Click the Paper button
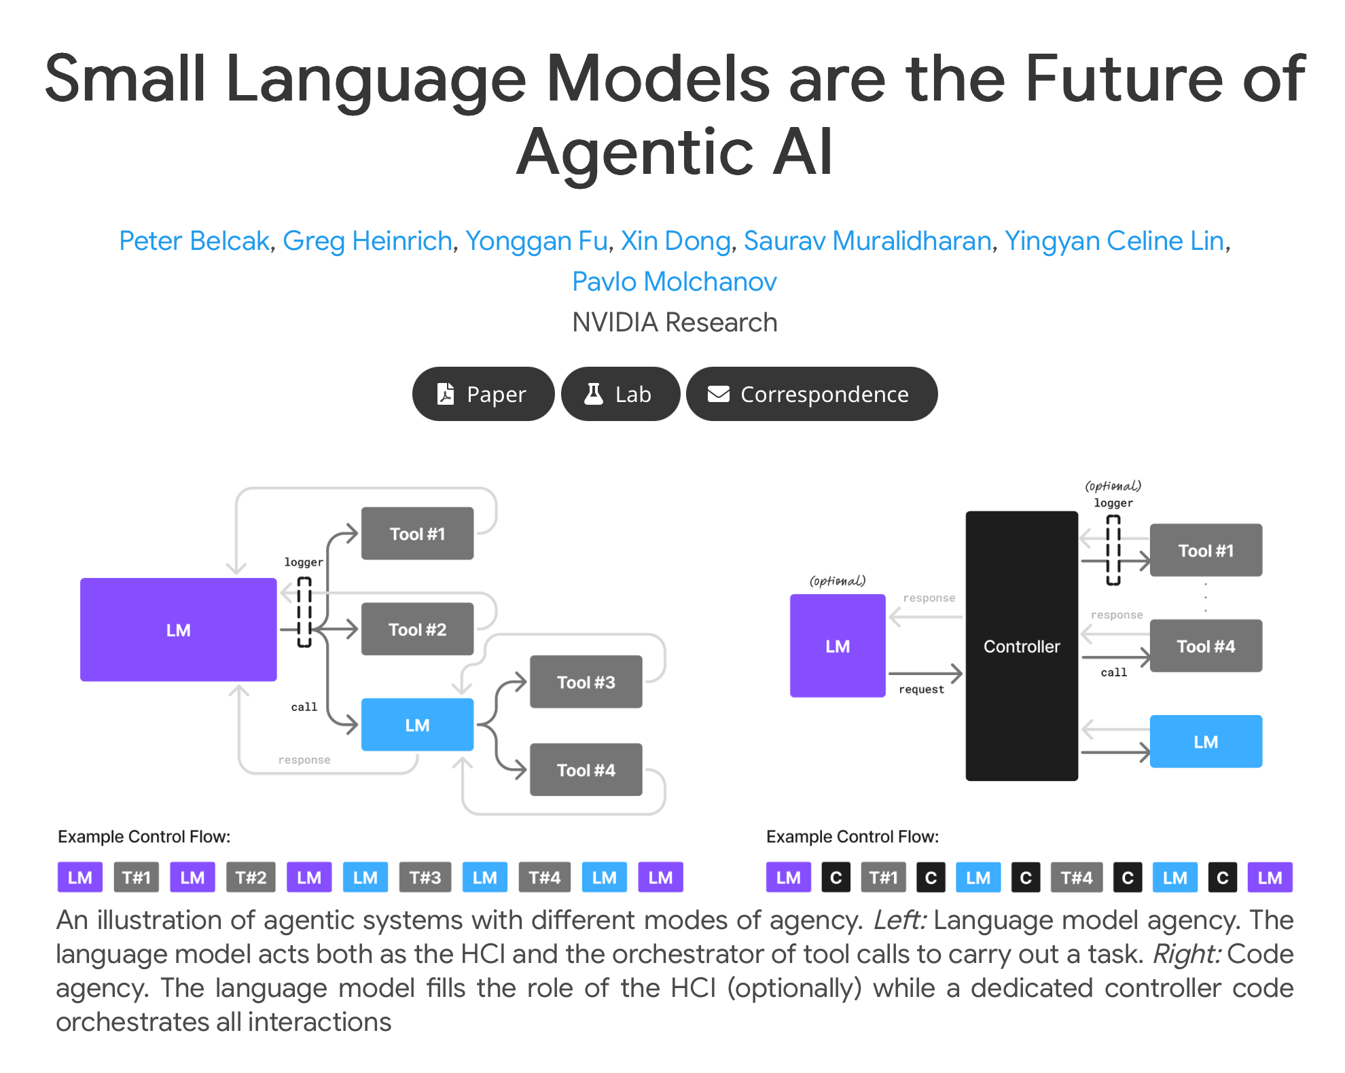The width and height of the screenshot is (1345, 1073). point(483,394)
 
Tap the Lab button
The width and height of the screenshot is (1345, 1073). point(620,394)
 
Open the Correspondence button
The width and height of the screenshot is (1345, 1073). point(812,394)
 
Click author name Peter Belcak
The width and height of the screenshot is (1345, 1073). point(194,241)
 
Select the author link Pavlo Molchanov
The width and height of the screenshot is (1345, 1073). point(674,282)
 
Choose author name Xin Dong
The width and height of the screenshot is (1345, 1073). point(675,241)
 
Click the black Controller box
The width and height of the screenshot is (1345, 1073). point(1022,646)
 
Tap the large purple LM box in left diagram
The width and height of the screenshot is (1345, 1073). point(178,630)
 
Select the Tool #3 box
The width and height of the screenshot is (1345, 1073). point(586,682)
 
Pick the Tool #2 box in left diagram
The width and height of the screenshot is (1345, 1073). point(417,630)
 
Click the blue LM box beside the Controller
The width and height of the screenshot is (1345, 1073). point(1206,742)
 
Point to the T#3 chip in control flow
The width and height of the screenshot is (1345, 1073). point(425,877)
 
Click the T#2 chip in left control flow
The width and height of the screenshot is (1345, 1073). point(251,877)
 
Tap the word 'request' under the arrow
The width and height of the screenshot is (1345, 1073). point(921,689)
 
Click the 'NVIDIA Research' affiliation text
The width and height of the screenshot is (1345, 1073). point(675,323)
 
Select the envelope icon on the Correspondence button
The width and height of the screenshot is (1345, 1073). point(719,394)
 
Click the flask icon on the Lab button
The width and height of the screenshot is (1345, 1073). point(594,394)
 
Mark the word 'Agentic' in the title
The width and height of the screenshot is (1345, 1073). point(634,152)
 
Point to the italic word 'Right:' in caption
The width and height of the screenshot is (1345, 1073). point(1187,954)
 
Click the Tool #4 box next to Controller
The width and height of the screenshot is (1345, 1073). point(1206,646)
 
